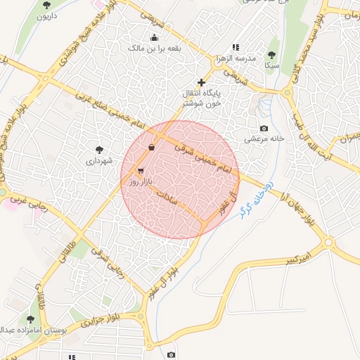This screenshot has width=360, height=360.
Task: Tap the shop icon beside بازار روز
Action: (141, 171)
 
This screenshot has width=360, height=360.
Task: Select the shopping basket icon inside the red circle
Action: (153, 148)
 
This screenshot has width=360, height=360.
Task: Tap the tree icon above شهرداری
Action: (99, 149)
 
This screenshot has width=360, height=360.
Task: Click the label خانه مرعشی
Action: (264, 139)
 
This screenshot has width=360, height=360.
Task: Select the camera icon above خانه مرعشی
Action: (264, 128)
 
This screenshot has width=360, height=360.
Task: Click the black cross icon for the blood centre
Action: (202, 82)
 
